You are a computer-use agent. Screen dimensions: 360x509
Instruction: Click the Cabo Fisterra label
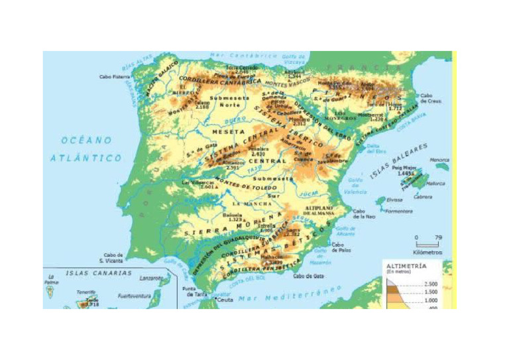[114, 77]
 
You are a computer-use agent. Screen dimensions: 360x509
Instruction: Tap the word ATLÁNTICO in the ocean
[86, 158]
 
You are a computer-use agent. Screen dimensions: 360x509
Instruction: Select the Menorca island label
[439, 160]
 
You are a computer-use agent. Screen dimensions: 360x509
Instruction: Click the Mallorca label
[435, 184]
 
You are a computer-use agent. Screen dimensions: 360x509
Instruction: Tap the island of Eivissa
[381, 200]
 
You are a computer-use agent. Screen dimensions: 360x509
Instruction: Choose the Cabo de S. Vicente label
[113, 257]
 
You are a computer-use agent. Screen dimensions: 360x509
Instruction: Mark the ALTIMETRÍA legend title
[406, 265]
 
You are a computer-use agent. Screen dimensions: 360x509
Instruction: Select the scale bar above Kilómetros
[427, 245]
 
